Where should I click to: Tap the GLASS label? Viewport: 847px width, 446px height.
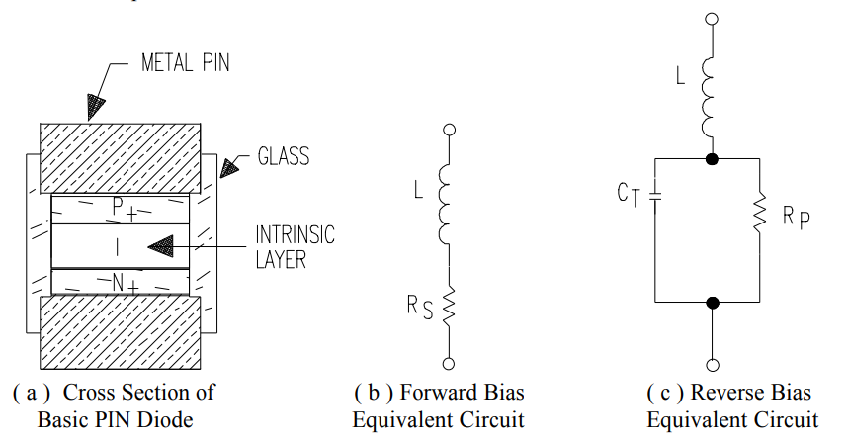[x=283, y=156]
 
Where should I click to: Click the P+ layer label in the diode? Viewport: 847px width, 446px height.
[x=122, y=208]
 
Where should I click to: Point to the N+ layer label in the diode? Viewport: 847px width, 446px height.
[x=123, y=283]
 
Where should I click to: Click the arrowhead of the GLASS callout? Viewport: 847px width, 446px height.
[x=229, y=169]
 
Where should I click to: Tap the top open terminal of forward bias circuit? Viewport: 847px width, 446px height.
[x=449, y=130]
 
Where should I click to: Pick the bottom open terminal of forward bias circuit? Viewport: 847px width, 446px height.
[x=449, y=363]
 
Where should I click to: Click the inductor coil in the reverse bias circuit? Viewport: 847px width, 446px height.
[x=711, y=97]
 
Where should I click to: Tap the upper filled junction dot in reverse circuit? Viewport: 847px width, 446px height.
[x=711, y=158]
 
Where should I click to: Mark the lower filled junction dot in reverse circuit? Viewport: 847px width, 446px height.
[x=711, y=301]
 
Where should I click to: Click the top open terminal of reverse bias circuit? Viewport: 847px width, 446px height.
[x=711, y=19]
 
